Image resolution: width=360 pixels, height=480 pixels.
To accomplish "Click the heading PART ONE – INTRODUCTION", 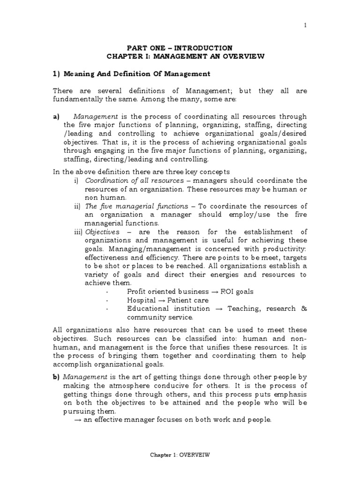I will click(x=180, y=48).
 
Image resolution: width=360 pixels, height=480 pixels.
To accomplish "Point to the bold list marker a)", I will click(x=56, y=116).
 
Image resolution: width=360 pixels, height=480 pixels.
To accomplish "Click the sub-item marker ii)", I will click(x=77, y=206).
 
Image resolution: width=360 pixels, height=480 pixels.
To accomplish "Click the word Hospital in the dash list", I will click(x=141, y=300).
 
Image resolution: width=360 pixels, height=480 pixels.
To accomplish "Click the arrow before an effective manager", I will click(x=78, y=419).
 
